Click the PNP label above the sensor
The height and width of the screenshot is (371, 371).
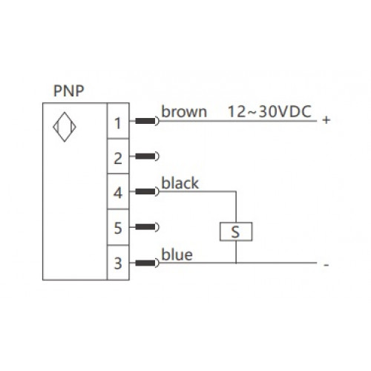(69, 91)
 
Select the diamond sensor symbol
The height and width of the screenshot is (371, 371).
(65, 127)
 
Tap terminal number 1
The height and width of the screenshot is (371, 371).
(118, 123)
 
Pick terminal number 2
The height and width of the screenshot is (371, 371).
(118, 159)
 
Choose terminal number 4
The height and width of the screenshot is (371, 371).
(118, 193)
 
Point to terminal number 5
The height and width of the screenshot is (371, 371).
(118, 228)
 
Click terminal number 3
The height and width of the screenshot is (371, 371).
(118, 263)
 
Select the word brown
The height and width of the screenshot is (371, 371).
(184, 111)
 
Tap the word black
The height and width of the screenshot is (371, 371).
(180, 183)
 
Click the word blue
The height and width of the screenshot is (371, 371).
(177, 255)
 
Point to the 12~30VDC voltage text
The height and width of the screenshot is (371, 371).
(269, 111)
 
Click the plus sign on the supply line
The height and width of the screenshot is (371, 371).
(326, 120)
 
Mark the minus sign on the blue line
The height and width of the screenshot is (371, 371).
(326, 265)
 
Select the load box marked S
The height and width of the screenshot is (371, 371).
(236, 232)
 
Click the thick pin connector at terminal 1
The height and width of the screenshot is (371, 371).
(145, 121)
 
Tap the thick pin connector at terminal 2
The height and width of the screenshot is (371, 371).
(145, 157)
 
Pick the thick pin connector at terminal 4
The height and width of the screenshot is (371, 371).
(145, 191)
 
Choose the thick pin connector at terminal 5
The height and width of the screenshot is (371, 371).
(145, 227)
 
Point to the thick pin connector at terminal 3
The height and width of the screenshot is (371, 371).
(145, 263)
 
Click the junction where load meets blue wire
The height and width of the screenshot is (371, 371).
(236, 263)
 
